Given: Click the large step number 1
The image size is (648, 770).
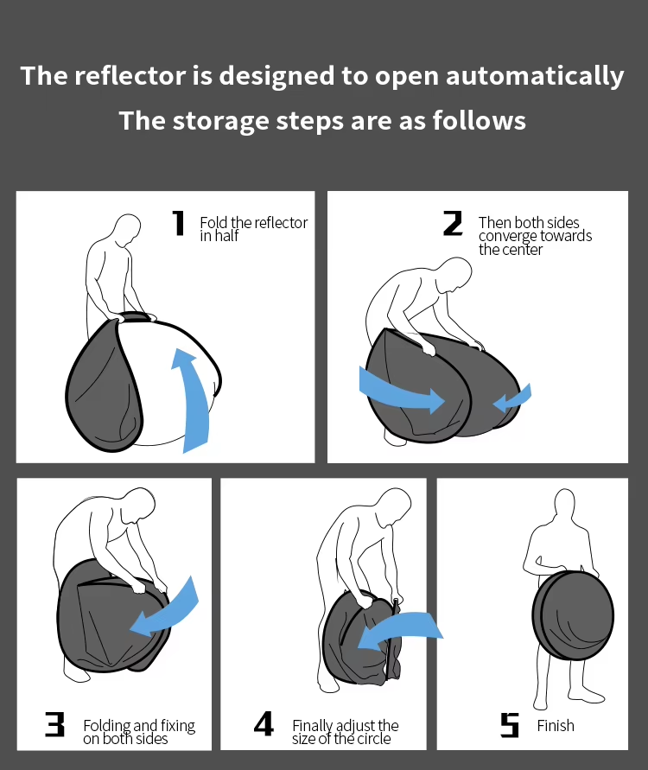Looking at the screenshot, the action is point(179,223).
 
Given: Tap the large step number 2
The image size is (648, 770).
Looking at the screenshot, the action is point(453,223).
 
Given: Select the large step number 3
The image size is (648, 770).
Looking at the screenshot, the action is point(54,724).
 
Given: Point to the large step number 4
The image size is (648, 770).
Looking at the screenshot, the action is point(264,724).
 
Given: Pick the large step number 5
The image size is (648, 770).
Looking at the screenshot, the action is point(510,725).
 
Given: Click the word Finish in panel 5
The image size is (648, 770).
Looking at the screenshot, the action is point(556,725).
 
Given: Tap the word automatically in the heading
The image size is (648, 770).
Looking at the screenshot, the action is point(535,77).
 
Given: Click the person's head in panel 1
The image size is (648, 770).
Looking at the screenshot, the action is point(126,230).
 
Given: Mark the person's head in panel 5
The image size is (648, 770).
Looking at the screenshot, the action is point(564,506).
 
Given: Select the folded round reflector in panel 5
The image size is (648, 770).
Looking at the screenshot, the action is point(573,614).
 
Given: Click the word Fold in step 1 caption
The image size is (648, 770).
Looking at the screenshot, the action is point(213,222).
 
